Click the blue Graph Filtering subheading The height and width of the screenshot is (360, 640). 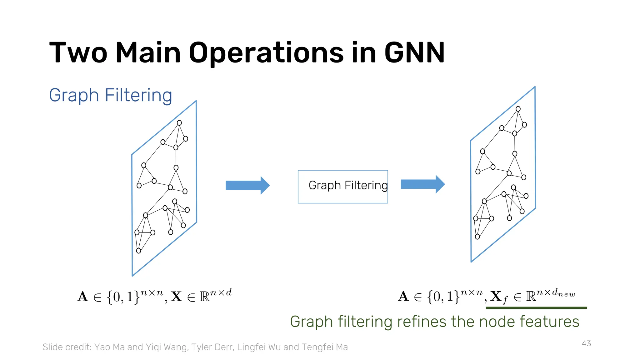click(111, 95)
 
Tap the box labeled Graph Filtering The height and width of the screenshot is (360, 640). click(343, 187)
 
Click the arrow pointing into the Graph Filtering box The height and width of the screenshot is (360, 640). click(247, 185)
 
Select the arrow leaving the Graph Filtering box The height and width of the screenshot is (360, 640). click(422, 184)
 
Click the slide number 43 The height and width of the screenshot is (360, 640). click(586, 343)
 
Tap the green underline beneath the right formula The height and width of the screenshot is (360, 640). click(536, 308)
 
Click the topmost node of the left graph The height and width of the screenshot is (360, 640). click(179, 123)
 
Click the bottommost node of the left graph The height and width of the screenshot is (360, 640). click(139, 251)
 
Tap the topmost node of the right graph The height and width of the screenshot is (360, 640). click(518, 109)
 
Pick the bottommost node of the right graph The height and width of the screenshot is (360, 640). click(477, 237)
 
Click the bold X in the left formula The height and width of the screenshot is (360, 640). click(177, 297)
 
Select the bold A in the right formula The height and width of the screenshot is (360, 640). click(403, 296)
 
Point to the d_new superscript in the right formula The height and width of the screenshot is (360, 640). click(563, 293)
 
